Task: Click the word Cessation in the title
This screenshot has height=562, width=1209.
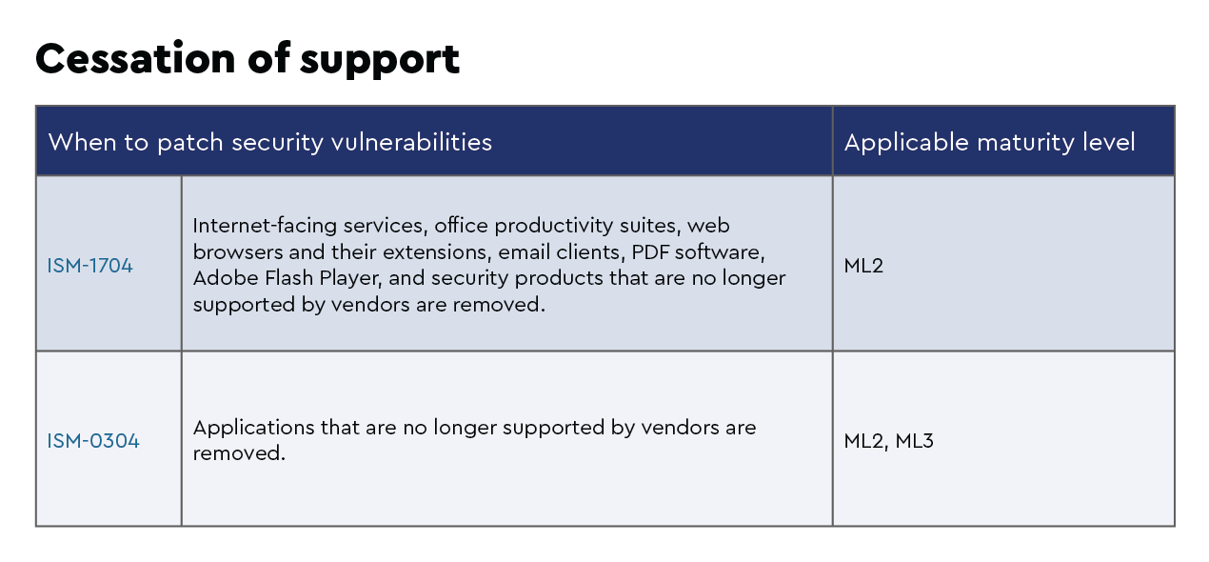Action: tap(135, 58)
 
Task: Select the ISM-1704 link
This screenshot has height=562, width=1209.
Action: tap(89, 266)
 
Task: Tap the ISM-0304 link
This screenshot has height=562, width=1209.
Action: tap(93, 441)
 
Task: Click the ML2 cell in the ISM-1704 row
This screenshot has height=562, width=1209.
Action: tap(863, 266)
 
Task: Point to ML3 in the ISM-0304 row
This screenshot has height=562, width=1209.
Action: tap(914, 441)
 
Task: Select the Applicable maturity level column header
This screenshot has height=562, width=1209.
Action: tap(989, 143)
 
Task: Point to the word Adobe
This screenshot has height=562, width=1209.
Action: tap(227, 278)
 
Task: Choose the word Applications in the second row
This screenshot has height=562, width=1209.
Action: tap(253, 428)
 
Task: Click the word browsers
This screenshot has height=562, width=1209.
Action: tap(237, 252)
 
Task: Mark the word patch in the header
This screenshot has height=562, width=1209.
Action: tap(190, 144)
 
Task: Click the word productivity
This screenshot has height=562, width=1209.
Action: tap(554, 226)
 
